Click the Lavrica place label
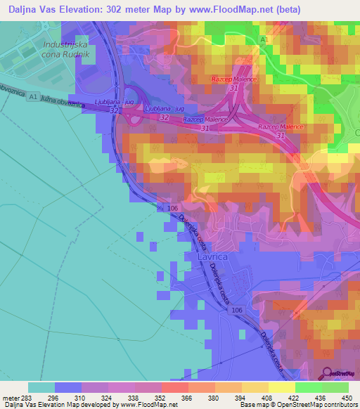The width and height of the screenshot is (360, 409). [x=200, y=258]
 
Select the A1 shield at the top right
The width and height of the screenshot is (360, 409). [x=265, y=41]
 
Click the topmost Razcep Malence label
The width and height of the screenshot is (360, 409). [x=235, y=79]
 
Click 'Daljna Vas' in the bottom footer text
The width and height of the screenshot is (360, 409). [x=20, y=405]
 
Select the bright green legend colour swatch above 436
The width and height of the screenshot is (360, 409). [x=309, y=387]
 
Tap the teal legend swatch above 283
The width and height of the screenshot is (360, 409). [x=41, y=387]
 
